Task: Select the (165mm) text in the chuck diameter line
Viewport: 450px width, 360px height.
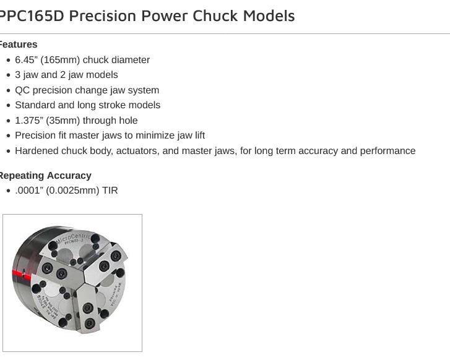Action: [60, 60]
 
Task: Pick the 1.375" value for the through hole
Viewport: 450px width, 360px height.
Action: [28, 121]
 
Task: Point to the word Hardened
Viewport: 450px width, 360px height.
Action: [37, 151]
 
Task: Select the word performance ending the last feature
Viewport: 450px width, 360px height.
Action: [388, 151]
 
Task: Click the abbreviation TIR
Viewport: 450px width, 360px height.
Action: [110, 191]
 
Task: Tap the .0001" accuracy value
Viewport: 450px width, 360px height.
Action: [28, 191]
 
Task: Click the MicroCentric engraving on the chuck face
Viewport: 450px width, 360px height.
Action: [73, 238]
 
